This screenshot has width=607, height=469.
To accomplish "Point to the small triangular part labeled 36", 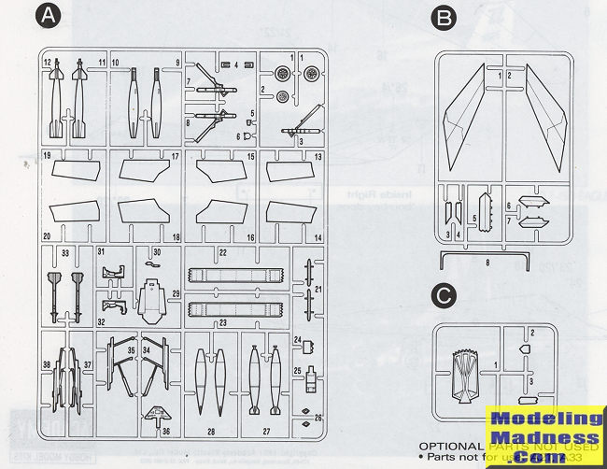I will pyautogui.click(x=154, y=414).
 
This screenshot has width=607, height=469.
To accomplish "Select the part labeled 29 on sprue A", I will pyautogui.click(x=150, y=297).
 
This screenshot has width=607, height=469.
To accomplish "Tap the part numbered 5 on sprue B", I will pyautogui.click(x=483, y=211).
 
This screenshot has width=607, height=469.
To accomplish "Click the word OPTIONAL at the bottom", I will pyautogui.click(x=452, y=446).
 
